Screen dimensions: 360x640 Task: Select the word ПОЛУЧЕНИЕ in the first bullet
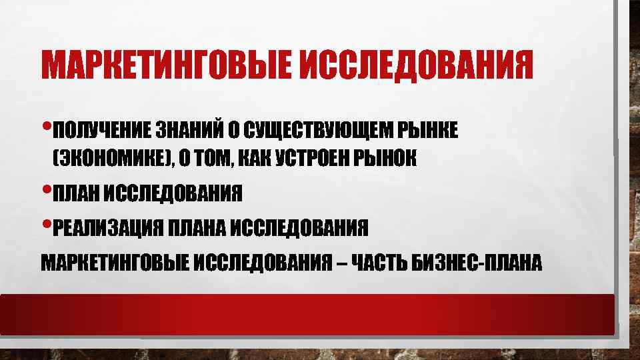point(100,129)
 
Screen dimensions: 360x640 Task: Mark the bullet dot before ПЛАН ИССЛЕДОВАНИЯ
point(45,189)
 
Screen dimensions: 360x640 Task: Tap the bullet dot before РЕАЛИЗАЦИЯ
point(45,224)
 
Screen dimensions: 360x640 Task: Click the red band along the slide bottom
point(307,314)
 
